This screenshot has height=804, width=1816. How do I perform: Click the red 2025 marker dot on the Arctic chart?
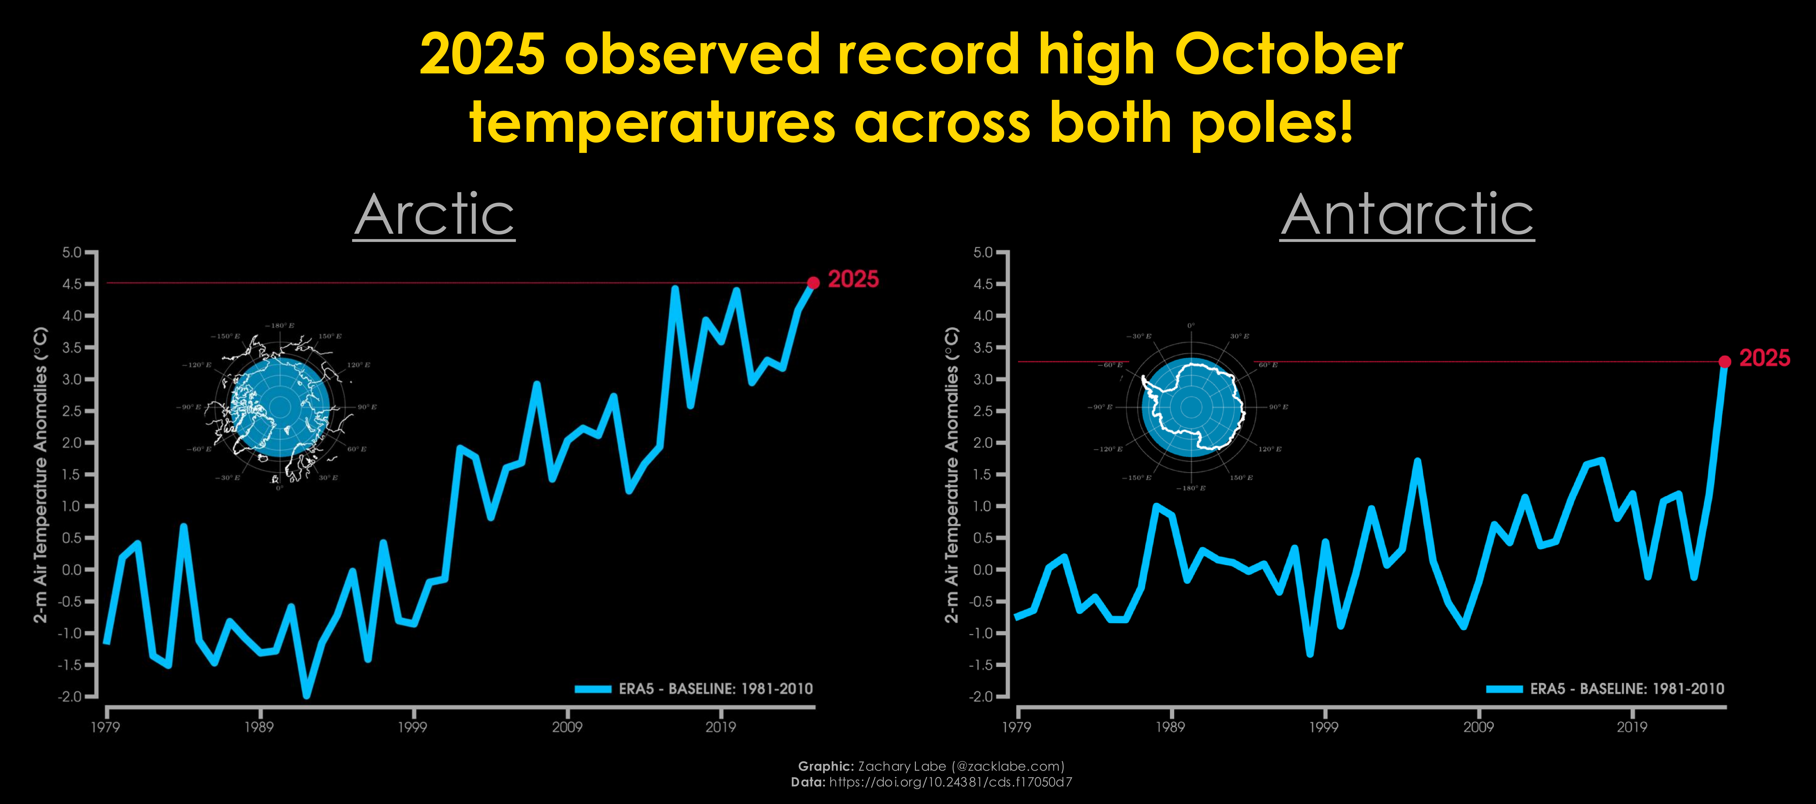pyautogui.click(x=813, y=283)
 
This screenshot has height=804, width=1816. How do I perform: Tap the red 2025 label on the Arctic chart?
pyautogui.click(x=853, y=279)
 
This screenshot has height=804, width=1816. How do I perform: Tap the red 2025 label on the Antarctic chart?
pyautogui.click(x=1764, y=358)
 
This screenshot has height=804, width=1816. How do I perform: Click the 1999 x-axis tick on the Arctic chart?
pyautogui.click(x=412, y=726)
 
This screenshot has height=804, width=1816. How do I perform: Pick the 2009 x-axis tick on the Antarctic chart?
pyautogui.click(x=1478, y=726)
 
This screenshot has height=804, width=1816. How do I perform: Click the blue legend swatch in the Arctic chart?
pyautogui.click(x=592, y=689)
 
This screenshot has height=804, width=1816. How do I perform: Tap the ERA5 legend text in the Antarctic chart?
pyautogui.click(x=1627, y=689)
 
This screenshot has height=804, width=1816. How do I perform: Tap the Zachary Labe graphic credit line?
pyautogui.click(x=930, y=766)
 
